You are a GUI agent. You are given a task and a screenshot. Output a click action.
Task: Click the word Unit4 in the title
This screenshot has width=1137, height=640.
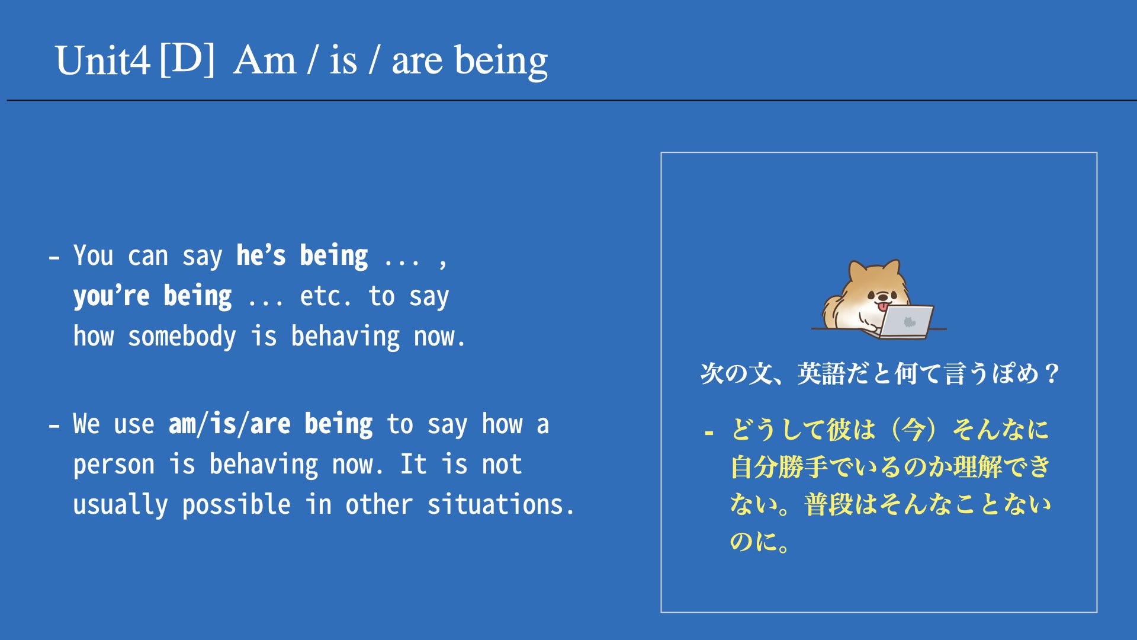pos(102,61)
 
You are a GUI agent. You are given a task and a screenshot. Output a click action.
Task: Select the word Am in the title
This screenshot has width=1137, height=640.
pos(265,60)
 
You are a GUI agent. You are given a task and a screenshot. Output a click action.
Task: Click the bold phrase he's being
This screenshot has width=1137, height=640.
pos(302,256)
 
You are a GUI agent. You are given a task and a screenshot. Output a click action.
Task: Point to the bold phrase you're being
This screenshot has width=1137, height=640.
pos(152,296)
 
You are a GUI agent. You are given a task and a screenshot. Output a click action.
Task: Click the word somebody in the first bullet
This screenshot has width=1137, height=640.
pos(182,336)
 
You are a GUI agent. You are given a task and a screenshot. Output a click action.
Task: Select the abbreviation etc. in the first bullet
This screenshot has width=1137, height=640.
pos(325,296)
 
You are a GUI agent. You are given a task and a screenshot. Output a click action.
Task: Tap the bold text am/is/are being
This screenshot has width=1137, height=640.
pos(271,424)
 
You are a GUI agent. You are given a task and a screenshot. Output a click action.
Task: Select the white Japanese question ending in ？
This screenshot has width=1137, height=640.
pos(880,374)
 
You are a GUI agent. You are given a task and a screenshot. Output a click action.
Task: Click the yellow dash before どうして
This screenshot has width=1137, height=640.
pos(709,433)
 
